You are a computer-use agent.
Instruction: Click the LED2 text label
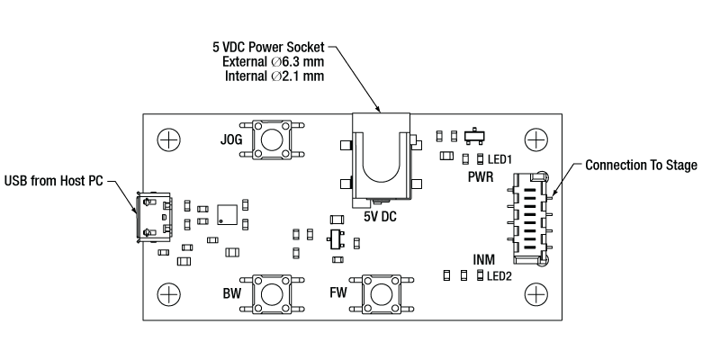coord(499,276)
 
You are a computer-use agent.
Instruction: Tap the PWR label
coord(481,177)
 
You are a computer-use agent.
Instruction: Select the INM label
coord(484,259)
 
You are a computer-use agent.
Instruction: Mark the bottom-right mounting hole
coord(536,293)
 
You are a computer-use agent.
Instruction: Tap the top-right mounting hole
coord(536,139)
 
